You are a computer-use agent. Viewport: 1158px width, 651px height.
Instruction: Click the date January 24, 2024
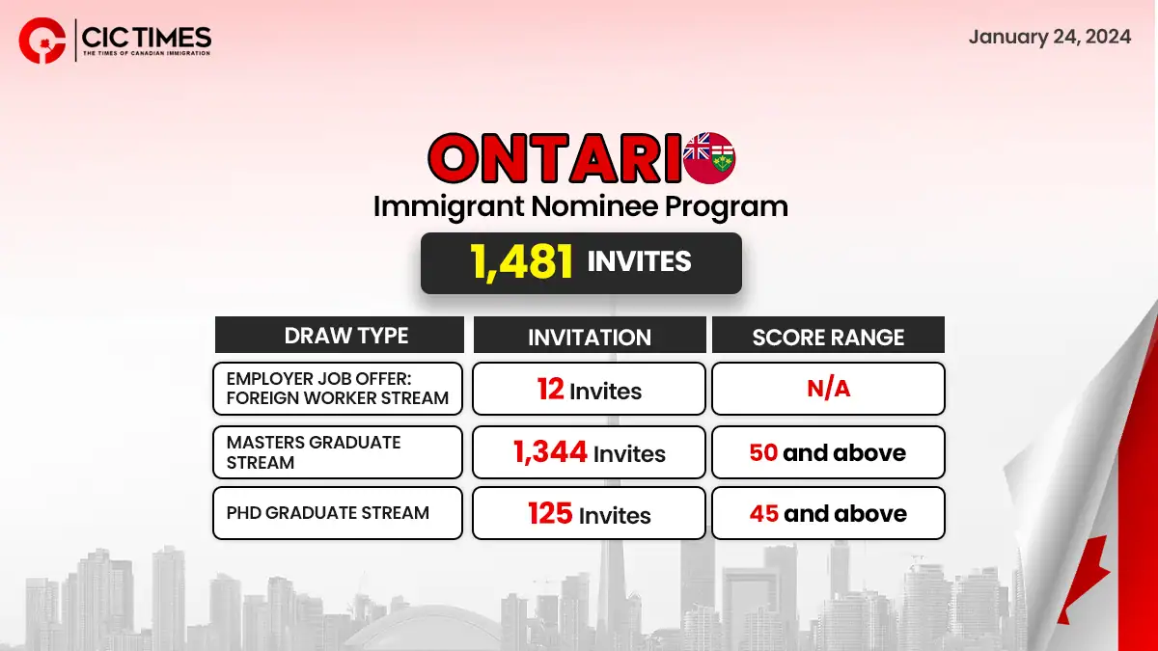pyautogui.click(x=1050, y=38)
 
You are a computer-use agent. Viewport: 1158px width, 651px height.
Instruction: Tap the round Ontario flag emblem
pyautogui.click(x=709, y=158)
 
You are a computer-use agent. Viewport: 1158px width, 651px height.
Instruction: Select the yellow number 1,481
pyautogui.click(x=521, y=262)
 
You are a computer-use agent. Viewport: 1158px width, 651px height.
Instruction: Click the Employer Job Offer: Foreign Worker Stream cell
pyautogui.click(x=338, y=389)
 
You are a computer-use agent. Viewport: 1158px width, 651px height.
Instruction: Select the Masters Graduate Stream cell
pyautogui.click(x=338, y=452)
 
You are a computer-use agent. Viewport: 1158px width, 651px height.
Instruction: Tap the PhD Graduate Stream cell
pyautogui.click(x=338, y=513)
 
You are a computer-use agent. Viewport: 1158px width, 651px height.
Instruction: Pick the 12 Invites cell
pyautogui.click(x=589, y=389)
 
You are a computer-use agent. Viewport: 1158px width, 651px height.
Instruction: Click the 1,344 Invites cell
pyautogui.click(x=589, y=452)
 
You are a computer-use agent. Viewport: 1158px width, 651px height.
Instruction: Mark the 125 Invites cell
pyautogui.click(x=589, y=513)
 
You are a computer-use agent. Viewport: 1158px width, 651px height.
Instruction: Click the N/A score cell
pyautogui.click(x=828, y=389)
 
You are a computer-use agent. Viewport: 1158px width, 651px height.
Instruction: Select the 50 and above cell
pyautogui.click(x=828, y=452)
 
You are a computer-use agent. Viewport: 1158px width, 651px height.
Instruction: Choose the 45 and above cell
pyautogui.click(x=828, y=513)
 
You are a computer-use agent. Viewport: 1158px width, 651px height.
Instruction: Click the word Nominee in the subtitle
pyautogui.click(x=594, y=206)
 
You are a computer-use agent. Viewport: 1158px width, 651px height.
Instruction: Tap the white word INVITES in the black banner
pyautogui.click(x=640, y=261)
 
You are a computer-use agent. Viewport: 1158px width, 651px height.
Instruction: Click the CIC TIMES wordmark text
pyautogui.click(x=147, y=38)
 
